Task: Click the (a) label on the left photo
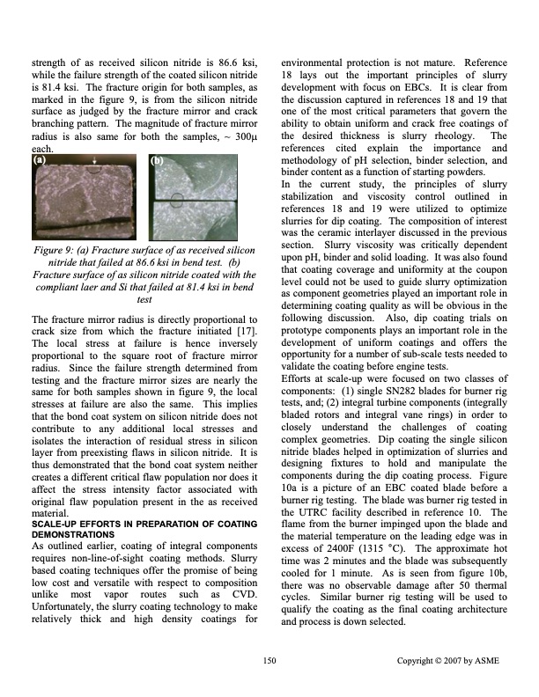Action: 40,161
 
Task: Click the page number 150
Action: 269,660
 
